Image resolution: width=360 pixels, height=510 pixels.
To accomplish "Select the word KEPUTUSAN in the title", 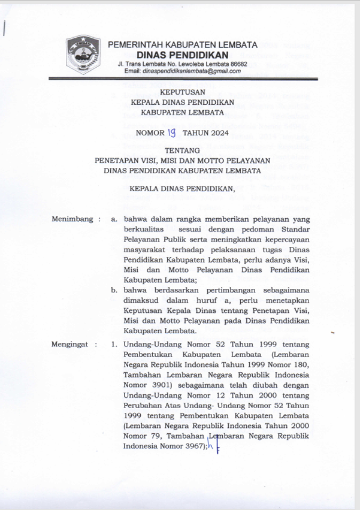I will click(x=182, y=92).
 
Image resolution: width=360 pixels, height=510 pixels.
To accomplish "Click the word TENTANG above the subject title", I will click(x=182, y=150).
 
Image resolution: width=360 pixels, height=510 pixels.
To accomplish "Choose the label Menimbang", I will click(x=72, y=219).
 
